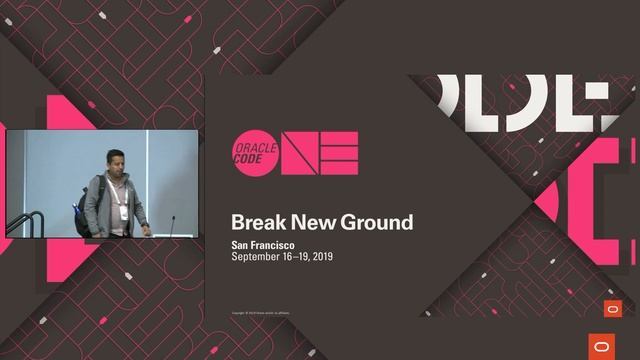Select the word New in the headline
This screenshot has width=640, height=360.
coord(309,221)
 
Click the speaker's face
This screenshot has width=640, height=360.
coord(116,162)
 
